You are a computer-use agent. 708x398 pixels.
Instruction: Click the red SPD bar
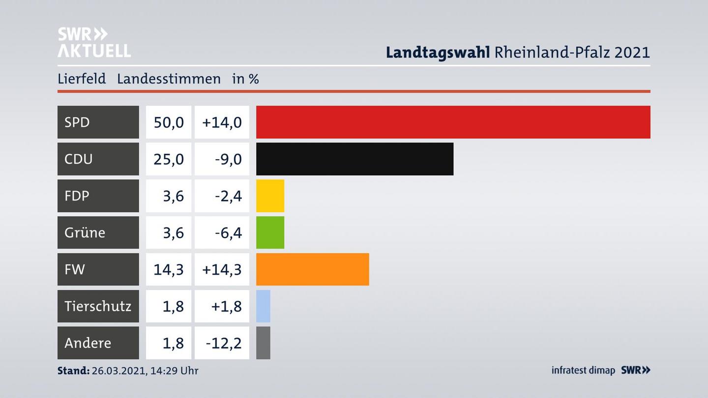click(x=453, y=122)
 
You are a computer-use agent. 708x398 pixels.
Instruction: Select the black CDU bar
click(x=354, y=159)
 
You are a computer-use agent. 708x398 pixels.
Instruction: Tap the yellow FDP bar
click(x=270, y=196)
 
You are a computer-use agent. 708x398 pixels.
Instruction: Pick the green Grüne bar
click(x=270, y=232)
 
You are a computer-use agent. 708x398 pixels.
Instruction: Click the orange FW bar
click(x=312, y=269)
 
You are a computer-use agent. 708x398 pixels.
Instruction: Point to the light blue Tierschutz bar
click(x=263, y=306)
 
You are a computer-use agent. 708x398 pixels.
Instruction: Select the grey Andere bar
click(x=263, y=342)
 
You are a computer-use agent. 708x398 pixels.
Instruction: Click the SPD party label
click(x=77, y=122)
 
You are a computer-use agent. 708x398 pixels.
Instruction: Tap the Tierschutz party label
click(x=98, y=306)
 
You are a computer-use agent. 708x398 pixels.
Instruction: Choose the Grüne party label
click(x=85, y=232)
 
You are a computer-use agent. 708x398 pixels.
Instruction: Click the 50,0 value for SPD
click(x=169, y=122)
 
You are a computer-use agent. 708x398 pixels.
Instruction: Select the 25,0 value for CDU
click(x=169, y=159)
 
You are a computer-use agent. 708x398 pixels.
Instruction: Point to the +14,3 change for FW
click(x=222, y=269)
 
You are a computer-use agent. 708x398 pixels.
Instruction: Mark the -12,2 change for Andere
click(x=224, y=342)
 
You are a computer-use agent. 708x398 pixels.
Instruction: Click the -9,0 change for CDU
click(x=229, y=159)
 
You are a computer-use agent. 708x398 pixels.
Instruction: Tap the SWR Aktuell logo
click(x=94, y=42)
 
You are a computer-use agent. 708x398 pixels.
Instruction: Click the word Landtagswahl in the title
click(x=438, y=52)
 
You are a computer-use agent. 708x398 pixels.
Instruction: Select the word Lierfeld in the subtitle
click(x=82, y=79)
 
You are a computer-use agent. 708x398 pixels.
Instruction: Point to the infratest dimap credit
click(x=583, y=370)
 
